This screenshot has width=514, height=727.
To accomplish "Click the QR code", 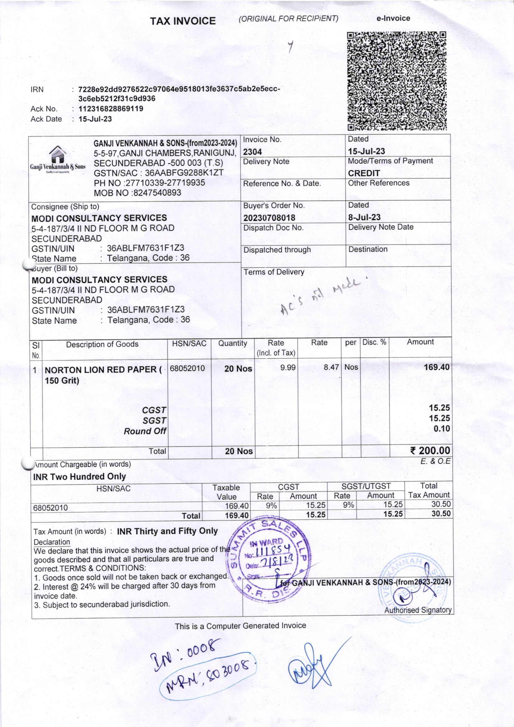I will (397, 81).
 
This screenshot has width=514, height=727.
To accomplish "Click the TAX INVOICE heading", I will (183, 21).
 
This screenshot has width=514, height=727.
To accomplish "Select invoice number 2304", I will (252, 152).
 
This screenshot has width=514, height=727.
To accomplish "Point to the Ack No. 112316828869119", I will (110, 109).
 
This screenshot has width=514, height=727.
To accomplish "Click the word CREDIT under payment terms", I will (364, 173).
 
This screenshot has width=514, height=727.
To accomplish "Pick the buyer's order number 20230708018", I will (269, 218).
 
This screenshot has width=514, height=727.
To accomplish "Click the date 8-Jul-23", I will (364, 217).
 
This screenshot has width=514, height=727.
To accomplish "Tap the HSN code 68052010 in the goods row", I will (188, 368).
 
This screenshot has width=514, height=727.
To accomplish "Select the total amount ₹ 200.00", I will (430, 450).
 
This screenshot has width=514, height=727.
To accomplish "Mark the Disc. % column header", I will (374, 343).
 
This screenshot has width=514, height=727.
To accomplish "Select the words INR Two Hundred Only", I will (80, 477).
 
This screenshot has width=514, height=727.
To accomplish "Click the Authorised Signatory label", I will (418, 610).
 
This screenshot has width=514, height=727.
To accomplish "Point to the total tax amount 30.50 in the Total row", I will (441, 514).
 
